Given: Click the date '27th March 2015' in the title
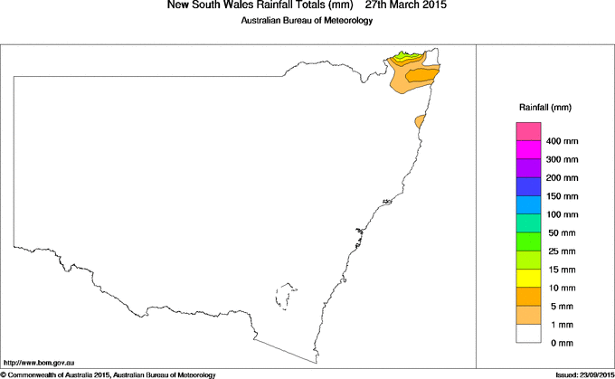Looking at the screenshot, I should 405,5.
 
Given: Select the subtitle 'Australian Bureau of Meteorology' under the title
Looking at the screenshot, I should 307,21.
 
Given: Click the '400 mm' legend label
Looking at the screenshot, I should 563,142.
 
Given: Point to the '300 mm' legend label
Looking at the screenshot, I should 563,160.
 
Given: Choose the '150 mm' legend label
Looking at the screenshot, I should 563,196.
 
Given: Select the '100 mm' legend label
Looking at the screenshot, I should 563,214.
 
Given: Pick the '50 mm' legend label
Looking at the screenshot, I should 561,233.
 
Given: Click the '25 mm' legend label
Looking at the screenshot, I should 561,251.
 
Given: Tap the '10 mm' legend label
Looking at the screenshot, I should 561,289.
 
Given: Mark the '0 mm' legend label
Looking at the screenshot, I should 561,343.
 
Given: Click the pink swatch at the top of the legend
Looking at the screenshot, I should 527,131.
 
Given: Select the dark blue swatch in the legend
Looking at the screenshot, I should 527,186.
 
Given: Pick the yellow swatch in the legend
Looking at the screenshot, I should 527,278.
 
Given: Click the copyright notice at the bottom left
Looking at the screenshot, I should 109,374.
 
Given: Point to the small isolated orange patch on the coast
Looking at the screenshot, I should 420,121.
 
